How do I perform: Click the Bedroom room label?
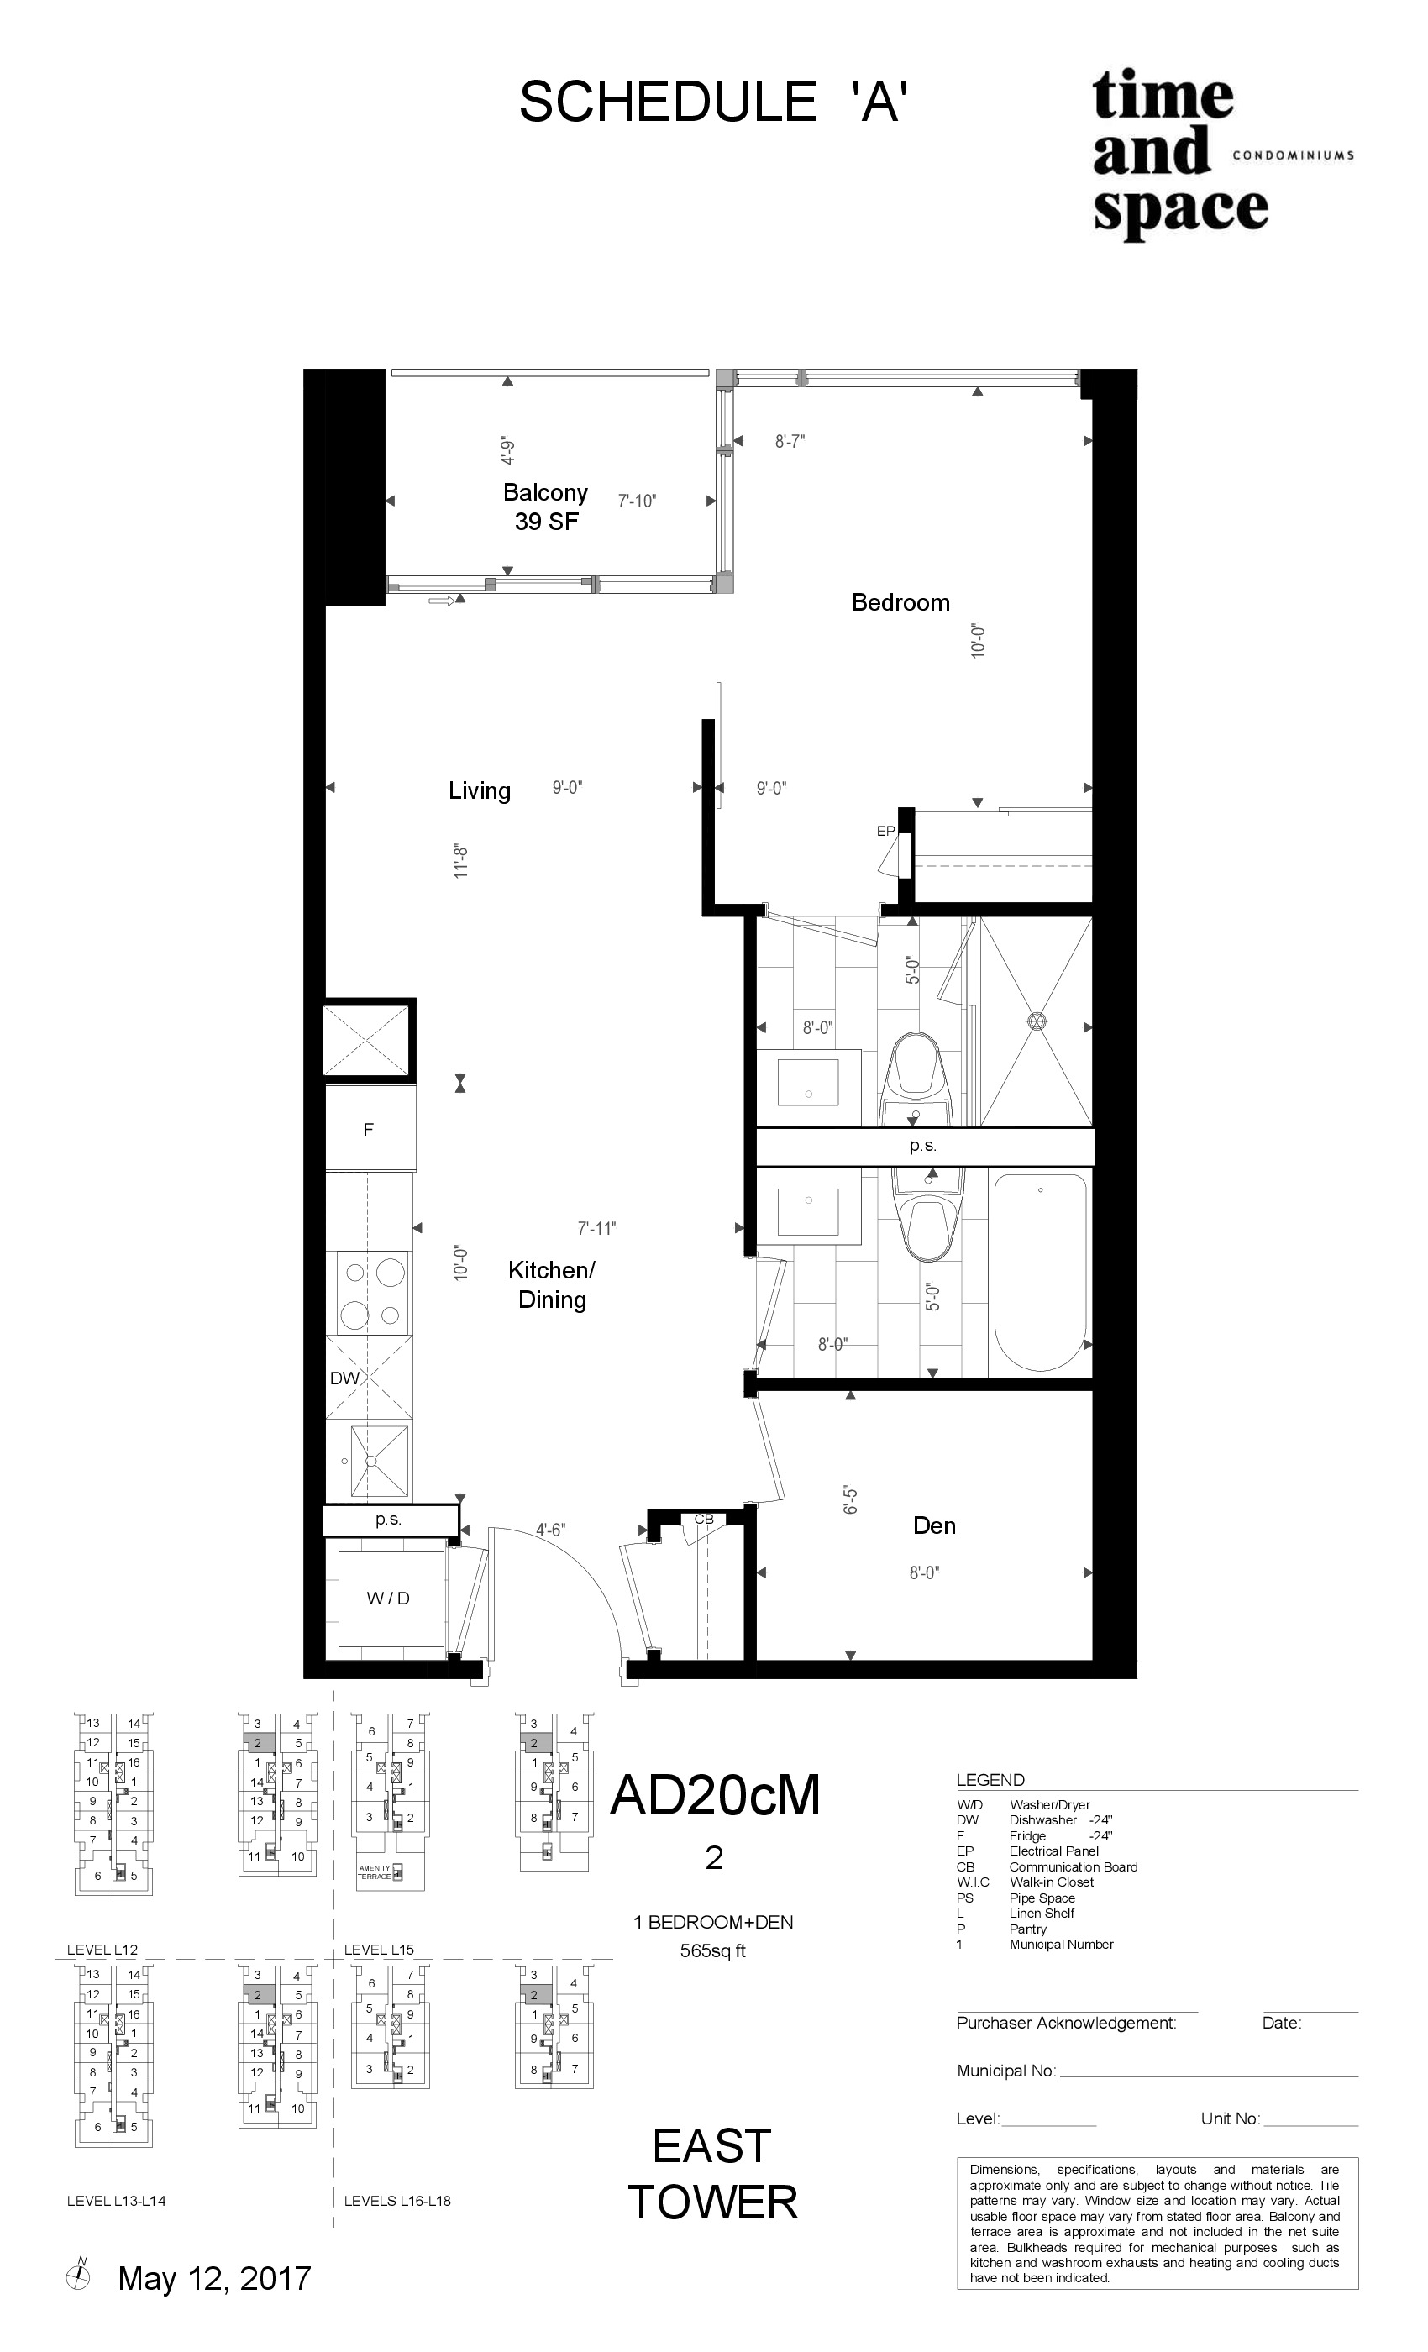coord(900,602)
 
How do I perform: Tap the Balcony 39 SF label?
coord(545,507)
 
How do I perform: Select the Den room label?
coord(933,1525)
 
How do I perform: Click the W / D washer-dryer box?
coord(388,1599)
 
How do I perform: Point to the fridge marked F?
coord(370,1129)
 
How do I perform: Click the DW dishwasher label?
coord(344,1378)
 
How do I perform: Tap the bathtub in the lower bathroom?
coord(1040,1274)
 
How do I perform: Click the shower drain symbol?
coord(1037,1021)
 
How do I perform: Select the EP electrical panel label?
coord(885,832)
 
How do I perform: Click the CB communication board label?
coord(704,1519)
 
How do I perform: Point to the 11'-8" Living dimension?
coord(461,861)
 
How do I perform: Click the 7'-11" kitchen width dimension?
coord(596,1228)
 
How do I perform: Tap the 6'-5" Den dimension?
coord(850,1499)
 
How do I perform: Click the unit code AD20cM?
coord(715,1796)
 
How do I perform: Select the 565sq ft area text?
coord(713,1951)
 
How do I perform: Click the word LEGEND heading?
coord(990,1780)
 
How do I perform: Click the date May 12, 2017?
coord(214,2278)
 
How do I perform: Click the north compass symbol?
coord(78,2276)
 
